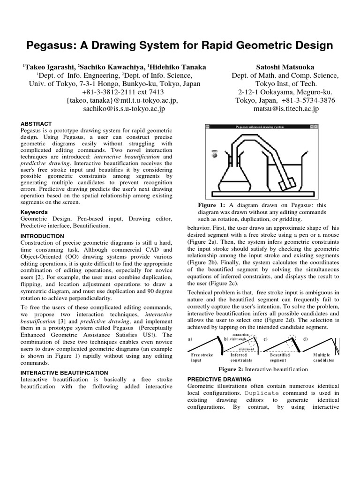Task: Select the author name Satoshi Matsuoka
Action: point(285,67)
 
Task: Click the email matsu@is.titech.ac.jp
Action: point(285,109)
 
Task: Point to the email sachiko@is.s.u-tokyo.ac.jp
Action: point(124,109)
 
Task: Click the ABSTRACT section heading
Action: point(36,124)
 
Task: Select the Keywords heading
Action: point(34,212)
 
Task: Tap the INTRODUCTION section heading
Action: point(43,236)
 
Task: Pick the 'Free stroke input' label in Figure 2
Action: point(202,358)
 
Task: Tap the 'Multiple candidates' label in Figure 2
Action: point(323,358)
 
